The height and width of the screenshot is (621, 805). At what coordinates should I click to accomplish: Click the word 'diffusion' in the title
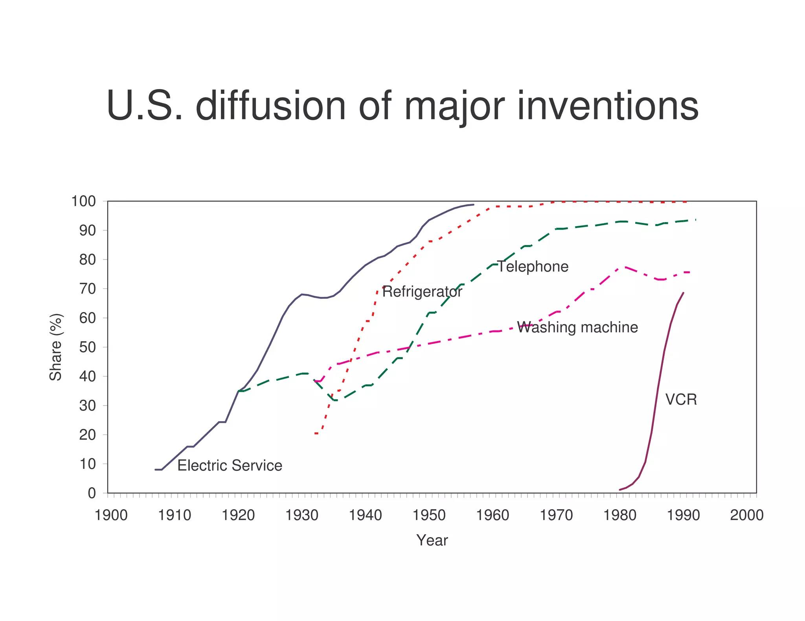(x=270, y=106)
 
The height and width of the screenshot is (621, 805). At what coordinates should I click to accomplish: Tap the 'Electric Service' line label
(x=230, y=466)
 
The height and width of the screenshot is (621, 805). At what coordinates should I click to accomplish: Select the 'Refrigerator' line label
(x=422, y=292)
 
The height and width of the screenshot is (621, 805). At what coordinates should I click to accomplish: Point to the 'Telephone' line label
(x=533, y=267)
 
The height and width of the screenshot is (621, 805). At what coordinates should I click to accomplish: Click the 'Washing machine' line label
(x=577, y=327)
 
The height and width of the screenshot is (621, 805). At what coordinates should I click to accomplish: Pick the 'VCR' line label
(x=681, y=400)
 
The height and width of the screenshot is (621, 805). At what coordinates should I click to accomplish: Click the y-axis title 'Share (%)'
(x=56, y=347)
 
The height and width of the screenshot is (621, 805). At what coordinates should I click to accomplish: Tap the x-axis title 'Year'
(x=432, y=541)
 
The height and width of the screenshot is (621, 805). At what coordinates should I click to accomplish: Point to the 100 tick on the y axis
(x=83, y=201)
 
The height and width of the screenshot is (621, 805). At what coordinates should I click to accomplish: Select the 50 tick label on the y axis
(x=87, y=347)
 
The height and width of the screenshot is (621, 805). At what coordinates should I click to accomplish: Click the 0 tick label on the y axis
(x=92, y=493)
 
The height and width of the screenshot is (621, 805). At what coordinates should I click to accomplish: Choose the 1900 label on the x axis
(x=111, y=515)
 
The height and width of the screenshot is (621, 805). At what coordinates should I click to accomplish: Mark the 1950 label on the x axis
(x=429, y=515)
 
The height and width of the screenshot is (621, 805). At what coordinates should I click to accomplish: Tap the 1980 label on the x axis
(x=619, y=515)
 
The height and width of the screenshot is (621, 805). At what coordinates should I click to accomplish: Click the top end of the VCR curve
(x=683, y=293)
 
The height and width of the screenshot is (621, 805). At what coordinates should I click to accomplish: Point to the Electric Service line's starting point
(x=156, y=469)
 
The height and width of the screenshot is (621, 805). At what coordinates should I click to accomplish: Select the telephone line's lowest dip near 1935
(x=335, y=400)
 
